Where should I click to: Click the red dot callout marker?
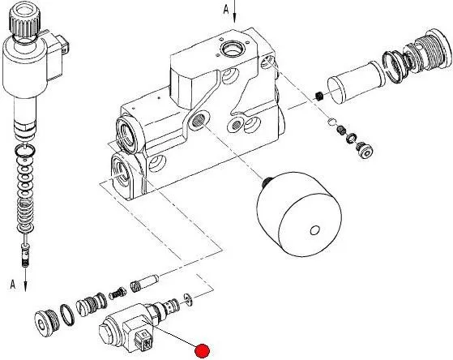coord(202,350)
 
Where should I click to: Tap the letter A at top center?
coord(226,10)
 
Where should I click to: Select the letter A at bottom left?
coord(12,284)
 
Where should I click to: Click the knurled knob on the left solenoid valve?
coord(24,19)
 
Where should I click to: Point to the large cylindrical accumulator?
coord(299,214)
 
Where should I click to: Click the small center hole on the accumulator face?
coord(314,230)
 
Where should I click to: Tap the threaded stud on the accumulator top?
coord(266,182)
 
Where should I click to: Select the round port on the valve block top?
coord(232,49)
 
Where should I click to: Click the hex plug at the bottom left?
coord(46,323)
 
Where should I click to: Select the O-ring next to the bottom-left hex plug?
coord(67,315)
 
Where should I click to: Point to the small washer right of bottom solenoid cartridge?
coord(189,298)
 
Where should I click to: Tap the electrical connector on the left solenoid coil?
coord(63,45)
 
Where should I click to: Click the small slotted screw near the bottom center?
coord(117,294)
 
